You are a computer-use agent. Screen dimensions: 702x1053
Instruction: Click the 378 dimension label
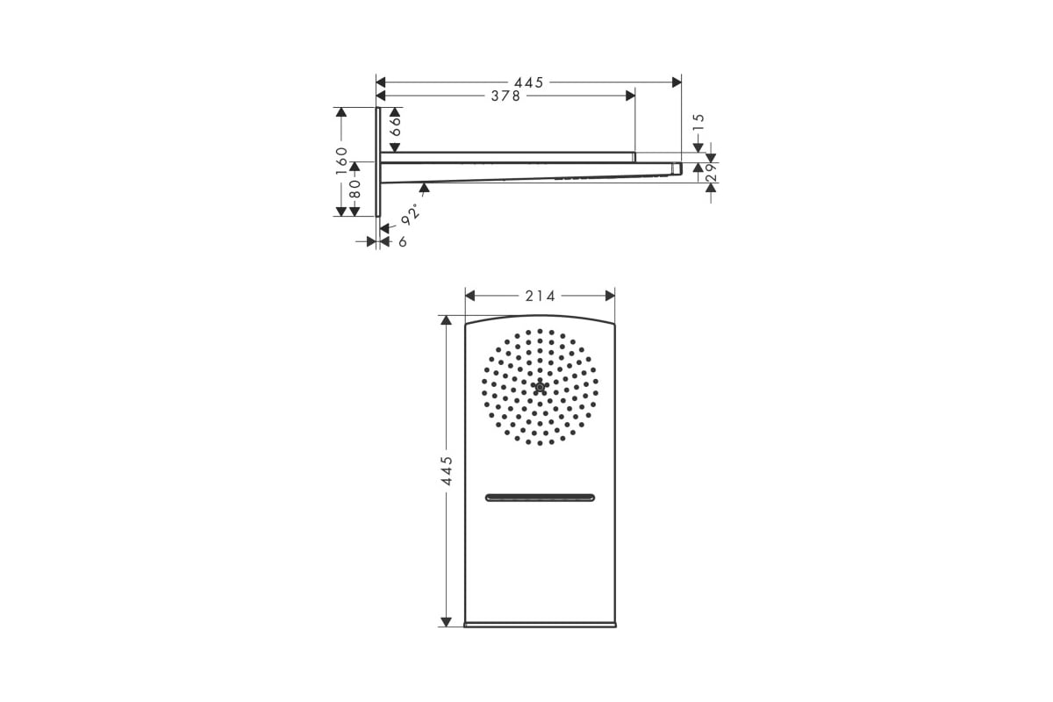[505, 97]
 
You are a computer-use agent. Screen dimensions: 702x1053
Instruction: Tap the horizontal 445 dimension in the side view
[529, 82]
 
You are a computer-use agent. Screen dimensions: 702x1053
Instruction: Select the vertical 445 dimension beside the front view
[447, 471]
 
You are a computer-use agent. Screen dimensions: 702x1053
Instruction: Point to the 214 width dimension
[541, 297]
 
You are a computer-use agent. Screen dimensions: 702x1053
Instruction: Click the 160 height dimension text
[341, 161]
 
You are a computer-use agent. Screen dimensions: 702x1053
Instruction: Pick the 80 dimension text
[355, 189]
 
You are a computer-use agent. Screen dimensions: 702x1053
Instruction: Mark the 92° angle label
[410, 211]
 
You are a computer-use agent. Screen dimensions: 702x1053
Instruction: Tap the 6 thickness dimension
[403, 242]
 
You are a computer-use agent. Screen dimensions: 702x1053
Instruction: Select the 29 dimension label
[711, 173]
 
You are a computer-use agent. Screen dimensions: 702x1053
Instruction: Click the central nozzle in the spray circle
[540, 386]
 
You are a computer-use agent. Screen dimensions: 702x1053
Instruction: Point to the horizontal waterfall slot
[540, 498]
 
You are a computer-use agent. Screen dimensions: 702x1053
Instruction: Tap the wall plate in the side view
[377, 161]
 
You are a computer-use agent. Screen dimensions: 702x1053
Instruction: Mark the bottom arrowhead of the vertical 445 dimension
[447, 621]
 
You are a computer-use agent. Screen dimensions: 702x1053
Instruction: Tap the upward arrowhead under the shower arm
[426, 187]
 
